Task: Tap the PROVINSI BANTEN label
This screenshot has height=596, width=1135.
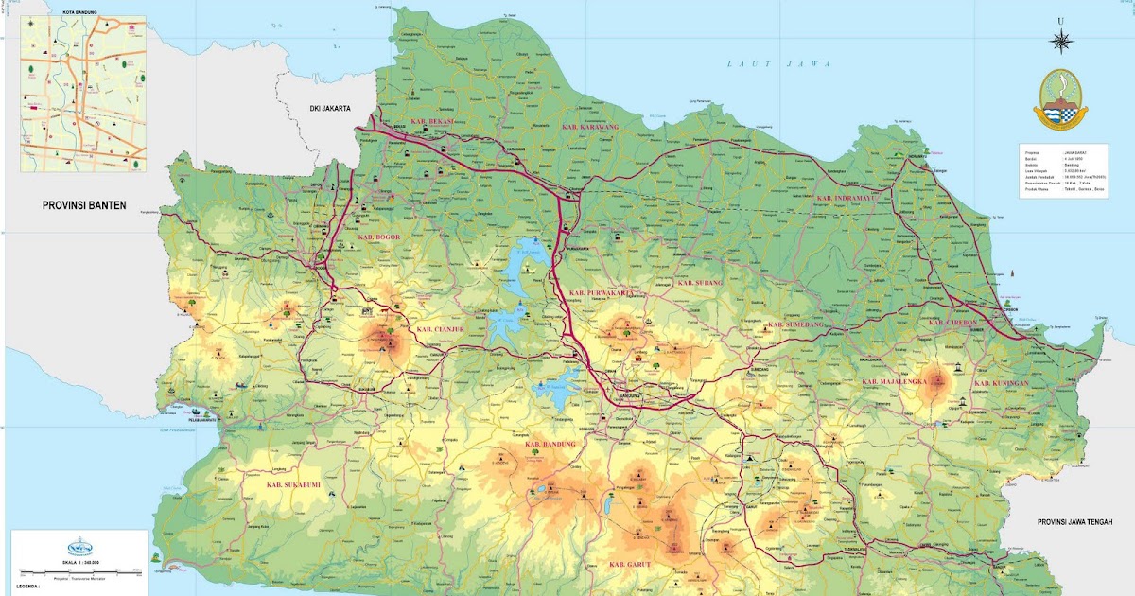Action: click(x=84, y=204)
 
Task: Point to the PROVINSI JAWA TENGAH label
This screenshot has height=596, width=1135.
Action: click(x=1074, y=522)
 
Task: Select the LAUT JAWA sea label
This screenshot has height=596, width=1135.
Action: click(x=778, y=64)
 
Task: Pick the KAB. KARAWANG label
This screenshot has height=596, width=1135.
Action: click(x=589, y=127)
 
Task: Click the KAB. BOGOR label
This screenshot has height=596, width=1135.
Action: click(x=379, y=237)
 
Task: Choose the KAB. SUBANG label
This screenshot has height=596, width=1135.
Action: click(x=700, y=283)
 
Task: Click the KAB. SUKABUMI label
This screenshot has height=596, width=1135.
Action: click(x=293, y=485)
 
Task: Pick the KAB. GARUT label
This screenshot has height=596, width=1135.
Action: click(x=633, y=565)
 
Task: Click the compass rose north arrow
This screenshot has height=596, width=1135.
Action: click(x=1061, y=40)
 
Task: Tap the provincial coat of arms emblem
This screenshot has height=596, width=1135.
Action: click(x=1064, y=99)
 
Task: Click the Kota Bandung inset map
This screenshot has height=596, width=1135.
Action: click(x=83, y=93)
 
